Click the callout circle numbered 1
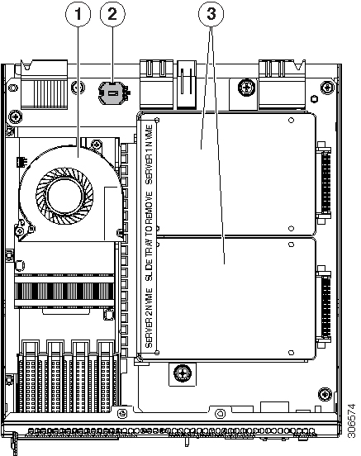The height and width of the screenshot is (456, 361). click(x=78, y=14)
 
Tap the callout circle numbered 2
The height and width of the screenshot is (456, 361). click(x=113, y=14)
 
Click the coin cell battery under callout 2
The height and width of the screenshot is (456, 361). click(x=112, y=95)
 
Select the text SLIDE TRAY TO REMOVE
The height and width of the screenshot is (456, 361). click(x=149, y=233)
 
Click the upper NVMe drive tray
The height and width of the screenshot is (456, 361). click(x=230, y=173)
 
